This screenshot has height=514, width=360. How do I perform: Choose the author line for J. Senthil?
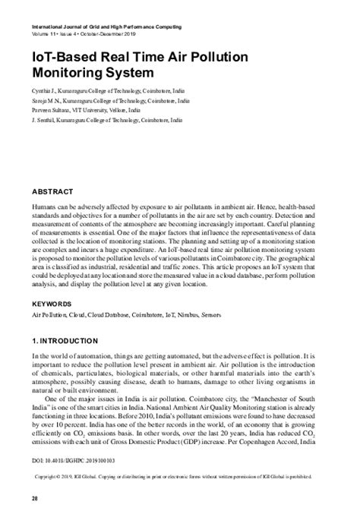[x=103, y=120]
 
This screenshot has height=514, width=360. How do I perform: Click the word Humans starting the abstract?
[x=45, y=207]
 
